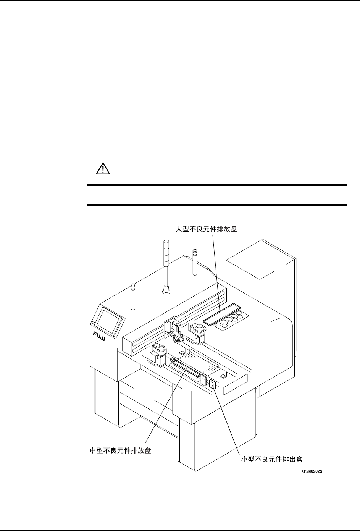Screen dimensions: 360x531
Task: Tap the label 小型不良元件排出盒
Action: click(272, 458)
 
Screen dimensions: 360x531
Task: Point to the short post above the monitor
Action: click(133, 296)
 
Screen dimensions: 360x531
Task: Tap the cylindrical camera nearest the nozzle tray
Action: click(199, 329)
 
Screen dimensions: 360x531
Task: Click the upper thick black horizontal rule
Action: click(217, 186)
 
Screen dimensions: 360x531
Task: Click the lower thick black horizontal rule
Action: click(217, 205)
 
